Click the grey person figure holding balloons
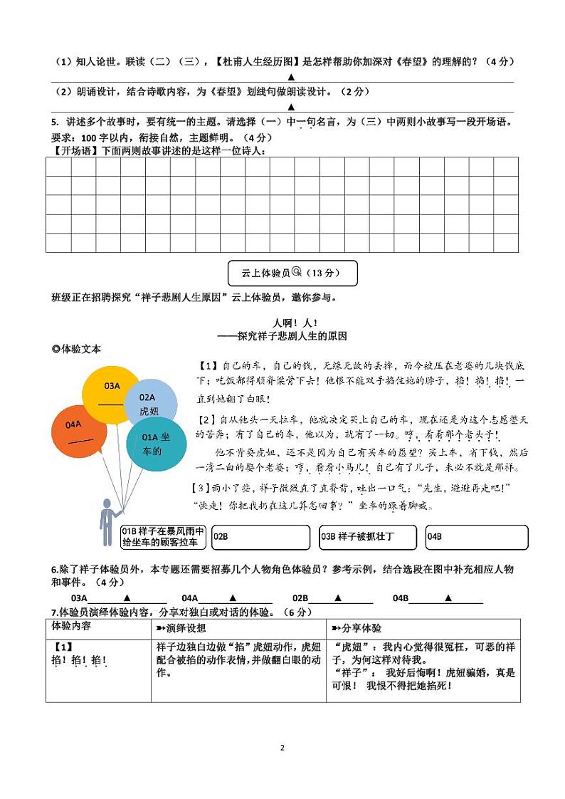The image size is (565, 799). tap(107, 523)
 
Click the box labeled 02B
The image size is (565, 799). tap(260, 536)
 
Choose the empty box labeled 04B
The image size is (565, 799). tap(476, 536)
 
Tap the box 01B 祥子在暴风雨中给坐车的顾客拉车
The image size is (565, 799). tap(163, 536)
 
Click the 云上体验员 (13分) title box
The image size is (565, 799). tap(292, 273)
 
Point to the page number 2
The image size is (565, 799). tap(282, 748)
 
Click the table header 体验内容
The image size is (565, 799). tap(71, 627)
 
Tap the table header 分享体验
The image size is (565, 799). tap(357, 628)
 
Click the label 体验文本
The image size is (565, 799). tap(77, 349)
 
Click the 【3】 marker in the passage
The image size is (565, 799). tap(202, 488)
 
